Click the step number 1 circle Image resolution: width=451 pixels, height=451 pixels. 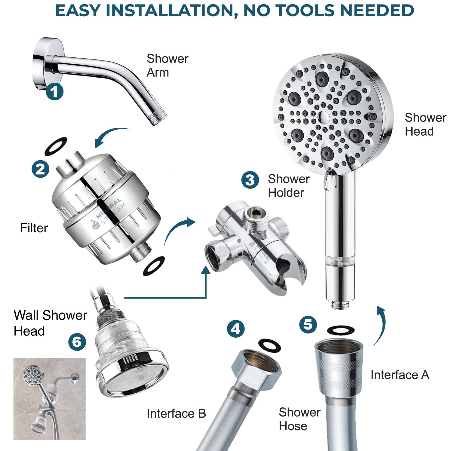[54, 91]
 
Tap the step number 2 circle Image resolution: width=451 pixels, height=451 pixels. [40, 169]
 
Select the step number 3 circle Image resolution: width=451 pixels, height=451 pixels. [250, 180]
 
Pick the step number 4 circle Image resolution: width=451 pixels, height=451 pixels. [235, 329]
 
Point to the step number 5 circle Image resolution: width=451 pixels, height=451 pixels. [308, 324]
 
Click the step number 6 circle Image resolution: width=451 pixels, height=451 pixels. [77, 342]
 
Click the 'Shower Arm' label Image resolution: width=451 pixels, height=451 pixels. [167, 66]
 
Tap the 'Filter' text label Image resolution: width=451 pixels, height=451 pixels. [34, 228]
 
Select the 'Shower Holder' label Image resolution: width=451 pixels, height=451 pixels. [288, 186]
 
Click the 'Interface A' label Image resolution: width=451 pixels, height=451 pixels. [400, 375]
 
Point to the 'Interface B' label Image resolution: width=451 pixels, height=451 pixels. [176, 414]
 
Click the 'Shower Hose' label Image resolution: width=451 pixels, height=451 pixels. [299, 419]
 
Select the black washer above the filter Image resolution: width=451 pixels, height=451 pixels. [56, 146]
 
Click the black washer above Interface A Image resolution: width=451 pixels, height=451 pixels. [340, 330]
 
